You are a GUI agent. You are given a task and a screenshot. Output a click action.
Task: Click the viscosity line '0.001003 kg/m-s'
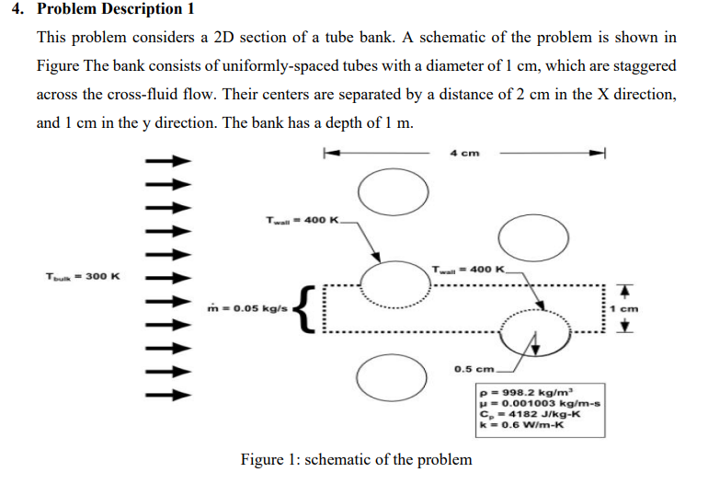[x=539, y=402]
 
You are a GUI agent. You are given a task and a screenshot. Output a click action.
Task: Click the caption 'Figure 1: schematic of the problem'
[x=356, y=459]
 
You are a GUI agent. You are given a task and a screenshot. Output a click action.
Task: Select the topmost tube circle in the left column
[x=393, y=190]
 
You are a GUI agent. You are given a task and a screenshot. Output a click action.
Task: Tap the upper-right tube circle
[x=534, y=240]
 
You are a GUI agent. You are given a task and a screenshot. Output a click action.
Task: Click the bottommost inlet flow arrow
[x=169, y=397]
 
